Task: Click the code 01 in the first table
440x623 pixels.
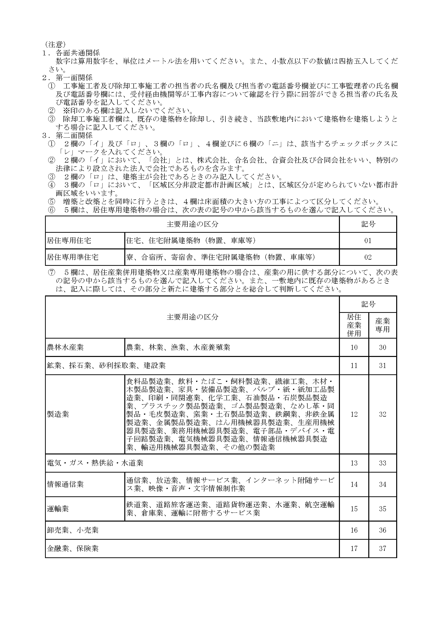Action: coord(368,241)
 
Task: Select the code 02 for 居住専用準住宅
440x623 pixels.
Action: coord(368,257)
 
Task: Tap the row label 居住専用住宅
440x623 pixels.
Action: coord(69,241)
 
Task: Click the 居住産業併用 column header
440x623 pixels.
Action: coord(354,325)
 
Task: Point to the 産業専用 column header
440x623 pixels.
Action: coord(382,325)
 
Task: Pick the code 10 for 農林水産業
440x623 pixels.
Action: coord(354,347)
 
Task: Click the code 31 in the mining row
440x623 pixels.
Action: coord(382,366)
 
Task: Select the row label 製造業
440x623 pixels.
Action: coord(58,414)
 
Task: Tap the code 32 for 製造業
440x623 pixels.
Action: coord(382,414)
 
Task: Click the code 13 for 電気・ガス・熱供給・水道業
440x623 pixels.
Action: coord(354,463)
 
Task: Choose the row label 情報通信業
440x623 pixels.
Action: coord(65,484)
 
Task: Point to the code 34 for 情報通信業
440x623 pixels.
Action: coord(382,484)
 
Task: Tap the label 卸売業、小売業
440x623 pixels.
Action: coord(73,530)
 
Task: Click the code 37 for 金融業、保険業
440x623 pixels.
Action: coord(382,548)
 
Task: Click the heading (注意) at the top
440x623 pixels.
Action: coord(55,45)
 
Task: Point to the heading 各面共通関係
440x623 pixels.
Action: coord(78,53)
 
